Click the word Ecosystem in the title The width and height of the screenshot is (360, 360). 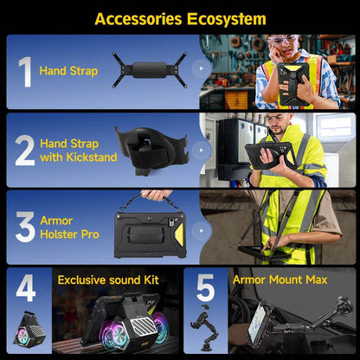tap(227, 19)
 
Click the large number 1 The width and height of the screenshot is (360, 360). tap(25, 72)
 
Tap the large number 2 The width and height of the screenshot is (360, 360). tap(25, 150)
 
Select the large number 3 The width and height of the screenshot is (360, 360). tap(25, 227)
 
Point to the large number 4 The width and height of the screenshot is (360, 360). tap(26, 287)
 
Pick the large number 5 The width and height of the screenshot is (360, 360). tap(206, 287)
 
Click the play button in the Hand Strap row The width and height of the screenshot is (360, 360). tap(202, 68)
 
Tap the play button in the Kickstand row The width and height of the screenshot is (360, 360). tap(202, 150)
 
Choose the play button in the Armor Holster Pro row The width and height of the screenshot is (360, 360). tap(202, 231)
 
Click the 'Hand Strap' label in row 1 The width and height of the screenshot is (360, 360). tap(68, 71)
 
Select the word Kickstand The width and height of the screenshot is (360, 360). tap(92, 157)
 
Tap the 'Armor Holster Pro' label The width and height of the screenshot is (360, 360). tap(69, 228)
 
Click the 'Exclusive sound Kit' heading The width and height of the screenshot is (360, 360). tap(108, 280)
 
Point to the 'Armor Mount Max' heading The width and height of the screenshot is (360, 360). tap(280, 280)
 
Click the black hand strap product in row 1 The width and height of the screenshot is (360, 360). tap(150, 70)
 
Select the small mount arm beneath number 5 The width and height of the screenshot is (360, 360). tap(204, 327)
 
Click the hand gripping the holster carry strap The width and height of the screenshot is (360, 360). tap(157, 196)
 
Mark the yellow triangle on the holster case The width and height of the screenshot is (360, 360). tap(179, 235)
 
